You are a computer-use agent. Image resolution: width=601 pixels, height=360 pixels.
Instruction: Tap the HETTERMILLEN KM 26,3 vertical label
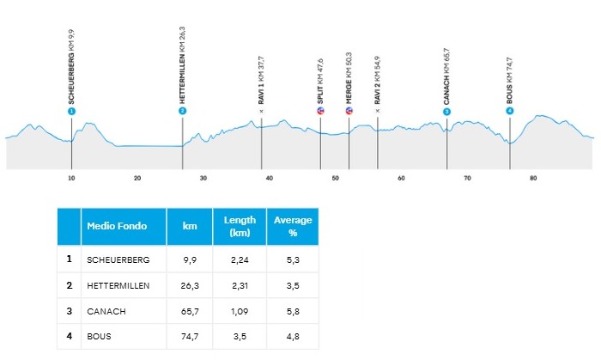click(183, 65)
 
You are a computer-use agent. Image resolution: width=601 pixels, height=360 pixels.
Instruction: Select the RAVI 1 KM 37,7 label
click(261, 79)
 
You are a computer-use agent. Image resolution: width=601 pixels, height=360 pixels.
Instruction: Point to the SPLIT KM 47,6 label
click(320, 81)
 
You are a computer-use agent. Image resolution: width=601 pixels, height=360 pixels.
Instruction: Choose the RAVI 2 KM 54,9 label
click(377, 79)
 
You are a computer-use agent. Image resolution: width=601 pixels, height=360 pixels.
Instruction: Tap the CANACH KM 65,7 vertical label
click(446, 76)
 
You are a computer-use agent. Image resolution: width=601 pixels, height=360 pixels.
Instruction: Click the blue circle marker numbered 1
click(71, 112)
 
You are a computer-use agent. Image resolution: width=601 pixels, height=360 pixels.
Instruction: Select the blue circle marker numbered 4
click(510, 111)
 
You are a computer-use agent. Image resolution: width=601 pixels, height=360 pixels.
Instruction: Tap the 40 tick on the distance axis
click(269, 179)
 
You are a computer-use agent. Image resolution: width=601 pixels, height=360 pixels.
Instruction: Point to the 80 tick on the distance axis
click(533, 179)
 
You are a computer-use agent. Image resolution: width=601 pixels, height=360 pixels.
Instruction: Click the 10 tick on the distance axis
click(71, 179)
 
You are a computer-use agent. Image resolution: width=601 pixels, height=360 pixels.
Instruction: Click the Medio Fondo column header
click(117, 226)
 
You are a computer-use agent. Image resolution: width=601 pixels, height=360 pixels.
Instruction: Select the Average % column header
click(292, 226)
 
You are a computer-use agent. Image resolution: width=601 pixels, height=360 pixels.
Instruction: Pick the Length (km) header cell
click(240, 226)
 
